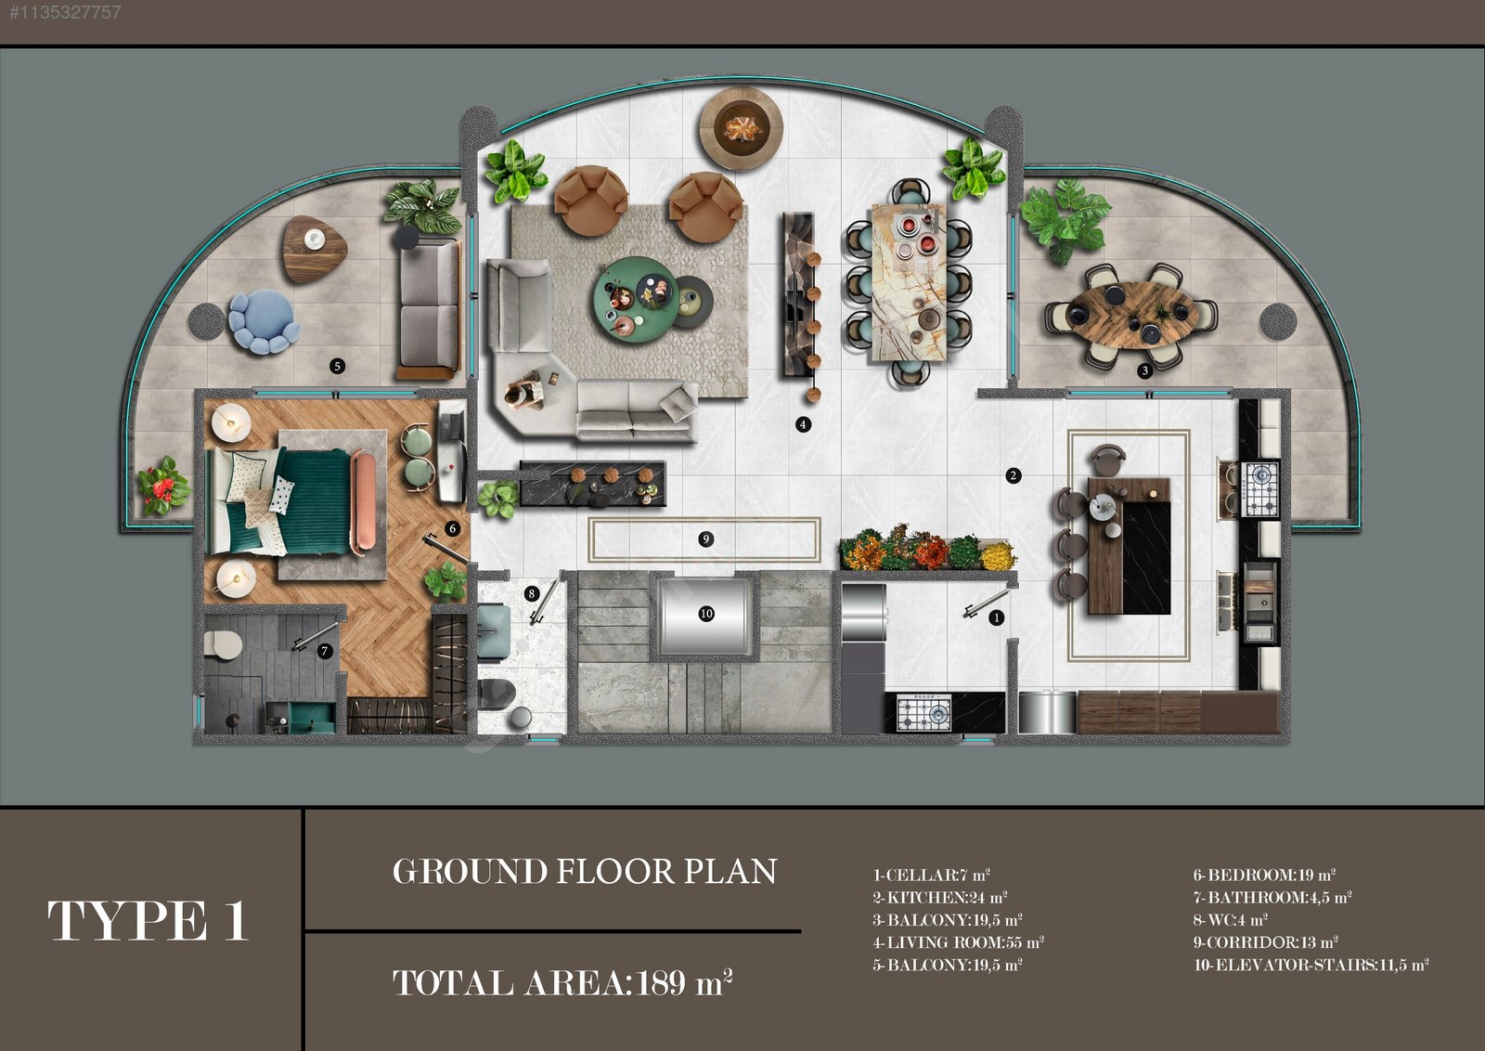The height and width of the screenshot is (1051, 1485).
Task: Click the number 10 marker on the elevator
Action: tap(706, 614)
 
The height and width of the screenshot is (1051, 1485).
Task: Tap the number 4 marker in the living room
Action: tap(803, 424)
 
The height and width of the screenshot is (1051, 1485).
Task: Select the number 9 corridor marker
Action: tap(705, 539)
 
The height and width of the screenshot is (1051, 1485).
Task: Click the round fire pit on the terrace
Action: tap(742, 128)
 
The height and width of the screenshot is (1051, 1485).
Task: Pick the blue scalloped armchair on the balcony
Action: tap(264, 321)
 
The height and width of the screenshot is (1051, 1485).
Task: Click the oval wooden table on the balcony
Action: tap(1131, 316)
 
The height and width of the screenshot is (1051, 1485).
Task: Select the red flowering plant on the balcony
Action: tap(162, 487)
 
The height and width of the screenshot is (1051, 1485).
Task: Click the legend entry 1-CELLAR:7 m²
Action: tap(931, 875)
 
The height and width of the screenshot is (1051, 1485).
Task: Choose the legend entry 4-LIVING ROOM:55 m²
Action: tap(958, 942)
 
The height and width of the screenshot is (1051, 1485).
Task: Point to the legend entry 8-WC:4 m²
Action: tap(1231, 920)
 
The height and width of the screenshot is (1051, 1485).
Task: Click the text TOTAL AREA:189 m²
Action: tap(562, 982)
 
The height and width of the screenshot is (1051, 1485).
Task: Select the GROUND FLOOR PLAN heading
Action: tap(584, 871)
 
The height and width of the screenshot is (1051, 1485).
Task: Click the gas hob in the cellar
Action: tap(923, 713)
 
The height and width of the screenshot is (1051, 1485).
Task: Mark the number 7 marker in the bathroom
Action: tap(324, 651)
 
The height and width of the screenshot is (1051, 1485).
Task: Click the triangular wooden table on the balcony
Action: tap(315, 249)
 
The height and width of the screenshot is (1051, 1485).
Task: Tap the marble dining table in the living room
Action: tap(909, 283)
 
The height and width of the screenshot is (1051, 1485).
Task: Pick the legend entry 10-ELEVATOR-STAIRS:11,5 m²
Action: tap(1311, 965)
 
